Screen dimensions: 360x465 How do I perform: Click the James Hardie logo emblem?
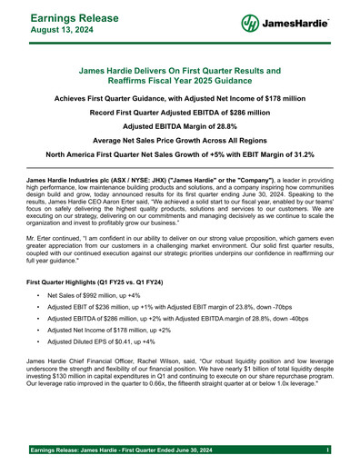pos(252,24)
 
